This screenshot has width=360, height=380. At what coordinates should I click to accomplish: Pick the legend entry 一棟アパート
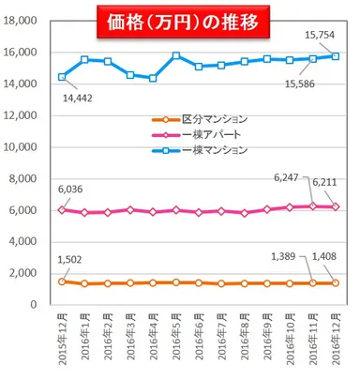coord(206,134)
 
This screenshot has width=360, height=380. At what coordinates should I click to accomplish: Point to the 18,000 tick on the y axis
coord(22,21)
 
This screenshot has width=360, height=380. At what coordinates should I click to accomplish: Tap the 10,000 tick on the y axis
coord(22,147)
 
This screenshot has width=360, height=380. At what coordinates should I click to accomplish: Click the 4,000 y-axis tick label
coord(24,242)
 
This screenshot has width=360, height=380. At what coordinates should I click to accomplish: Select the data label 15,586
coord(300,84)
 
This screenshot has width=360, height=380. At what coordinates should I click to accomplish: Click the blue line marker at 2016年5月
coord(176,56)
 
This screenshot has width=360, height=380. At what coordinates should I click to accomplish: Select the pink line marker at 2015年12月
coord(62,210)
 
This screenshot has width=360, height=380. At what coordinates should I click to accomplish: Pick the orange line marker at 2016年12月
coord(336,282)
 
